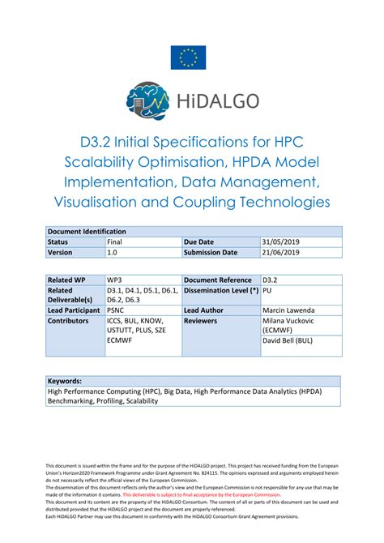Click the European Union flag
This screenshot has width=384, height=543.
click(x=188, y=58)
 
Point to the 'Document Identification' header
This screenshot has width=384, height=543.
click(x=87, y=231)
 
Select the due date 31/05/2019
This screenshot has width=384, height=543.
click(x=280, y=242)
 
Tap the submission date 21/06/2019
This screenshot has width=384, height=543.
click(x=280, y=252)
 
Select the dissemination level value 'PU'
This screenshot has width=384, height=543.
click(x=267, y=290)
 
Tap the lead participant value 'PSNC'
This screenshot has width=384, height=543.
click(x=116, y=310)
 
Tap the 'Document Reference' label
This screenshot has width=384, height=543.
click(x=216, y=280)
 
